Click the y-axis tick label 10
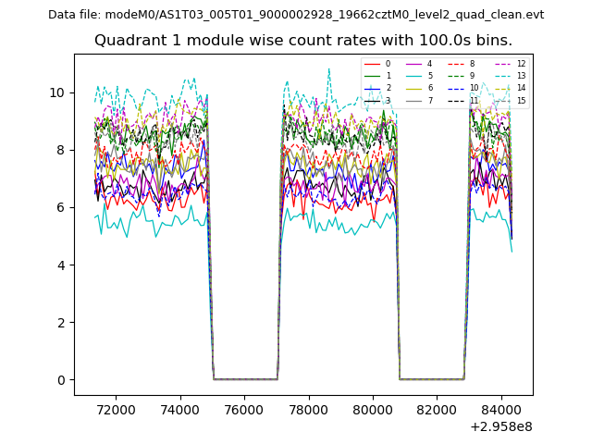tap(57, 92)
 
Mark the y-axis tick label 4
tap(61, 265)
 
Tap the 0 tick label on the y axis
tap(61, 380)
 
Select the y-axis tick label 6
tap(61, 208)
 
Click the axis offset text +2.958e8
tap(501, 426)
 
